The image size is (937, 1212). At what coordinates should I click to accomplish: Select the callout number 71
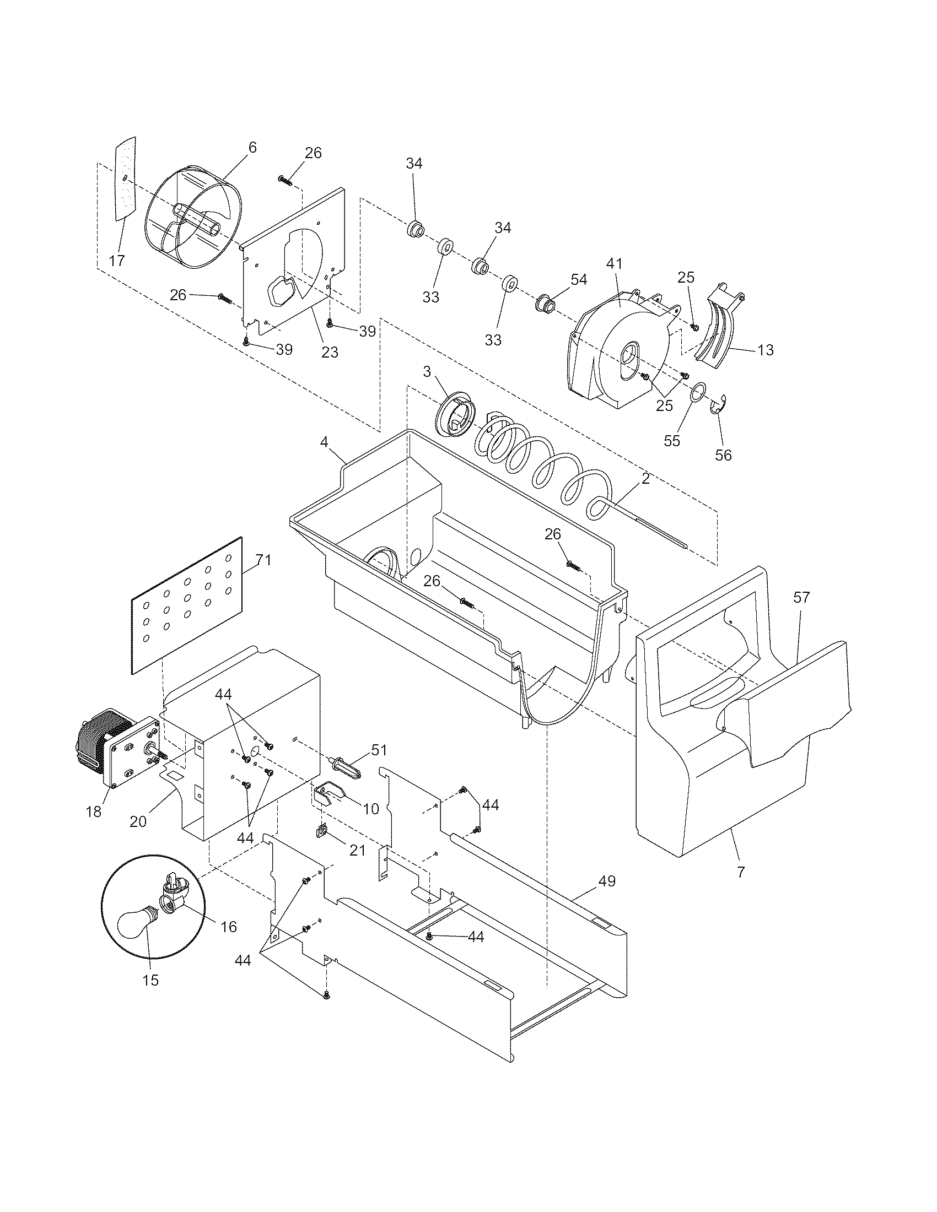pos(263,561)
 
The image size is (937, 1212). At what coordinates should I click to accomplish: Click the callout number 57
pos(801,598)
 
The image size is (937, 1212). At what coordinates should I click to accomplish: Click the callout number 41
pos(615,264)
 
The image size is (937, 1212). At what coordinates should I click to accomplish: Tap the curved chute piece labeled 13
pos(723,327)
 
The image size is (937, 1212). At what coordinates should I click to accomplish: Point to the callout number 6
pos(252,148)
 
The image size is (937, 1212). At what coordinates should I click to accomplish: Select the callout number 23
pos(330,352)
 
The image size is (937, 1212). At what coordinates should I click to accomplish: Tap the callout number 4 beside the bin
pos(324,442)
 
